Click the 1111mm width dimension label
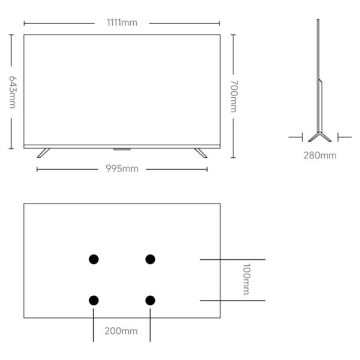pyautogui.click(x=122, y=23)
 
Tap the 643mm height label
pyautogui.click(x=13, y=92)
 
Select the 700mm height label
pyautogui.click(x=234, y=96)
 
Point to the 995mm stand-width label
pyautogui.click(x=122, y=169)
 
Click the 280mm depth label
pyautogui.click(x=320, y=155)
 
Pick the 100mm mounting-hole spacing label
pyautogui.click(x=247, y=279)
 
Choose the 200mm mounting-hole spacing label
pyautogui.click(x=121, y=331)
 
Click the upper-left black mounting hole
pyautogui.click(x=94, y=259)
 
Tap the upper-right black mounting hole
pyautogui.click(x=150, y=259)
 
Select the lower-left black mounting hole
pyautogui.click(x=94, y=301)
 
